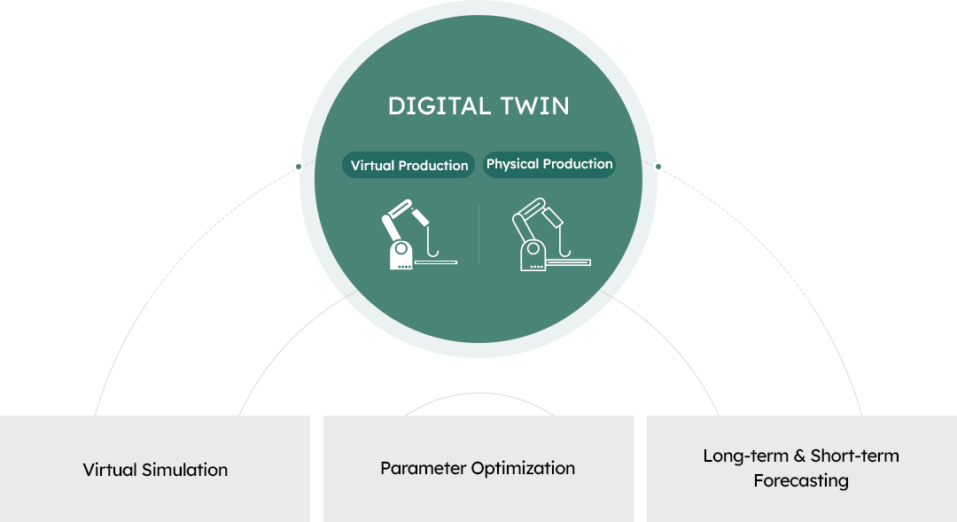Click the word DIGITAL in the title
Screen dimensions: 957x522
[440, 106]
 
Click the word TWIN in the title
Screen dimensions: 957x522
[535, 106]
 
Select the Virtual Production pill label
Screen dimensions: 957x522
[408, 166]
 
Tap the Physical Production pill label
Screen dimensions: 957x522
[549, 164]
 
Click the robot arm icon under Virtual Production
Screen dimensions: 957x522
[418, 235]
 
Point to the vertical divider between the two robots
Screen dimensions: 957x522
[479, 234]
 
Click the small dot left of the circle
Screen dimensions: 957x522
[299, 167]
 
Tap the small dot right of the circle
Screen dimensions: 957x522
[657, 167]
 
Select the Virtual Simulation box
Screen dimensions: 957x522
[155, 469]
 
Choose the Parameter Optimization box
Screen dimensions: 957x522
[478, 469]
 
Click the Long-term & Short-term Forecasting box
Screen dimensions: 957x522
[802, 469]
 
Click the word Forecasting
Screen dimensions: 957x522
[801, 481]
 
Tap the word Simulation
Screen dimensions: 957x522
[184, 470]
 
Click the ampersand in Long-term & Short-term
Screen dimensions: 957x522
[799, 456]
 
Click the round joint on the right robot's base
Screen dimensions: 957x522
[533, 248]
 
